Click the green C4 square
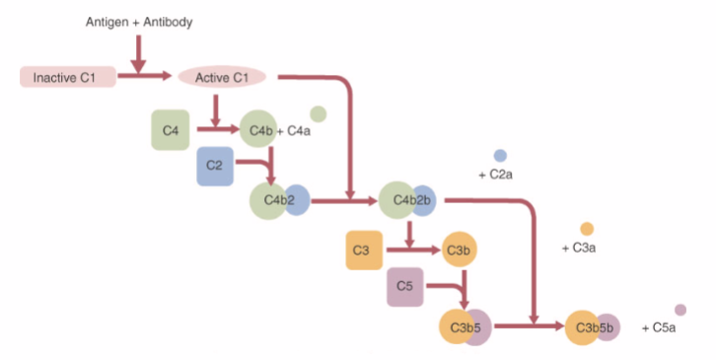tap(170, 130)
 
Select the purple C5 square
tap(404, 286)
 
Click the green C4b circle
tap(258, 129)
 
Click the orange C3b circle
tap(459, 251)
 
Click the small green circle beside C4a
tap(318, 114)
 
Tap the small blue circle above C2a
tap(500, 156)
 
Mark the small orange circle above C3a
tap(587, 229)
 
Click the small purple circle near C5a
tap(680, 311)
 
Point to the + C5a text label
tap(658, 327)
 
